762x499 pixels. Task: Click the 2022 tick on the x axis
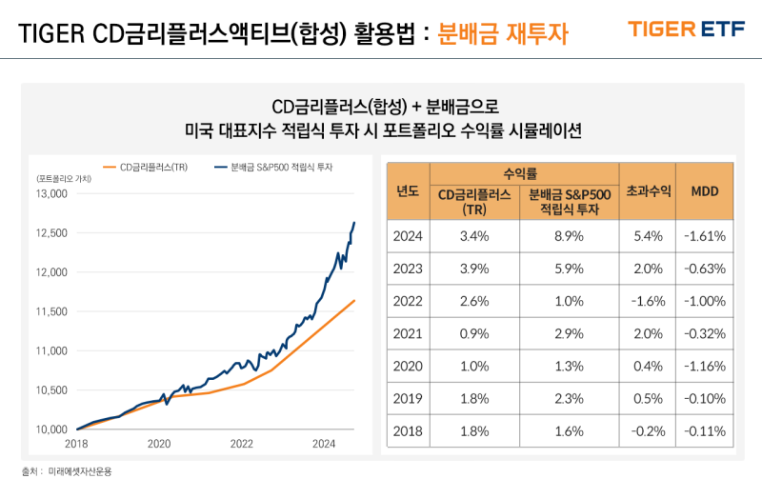point(242,443)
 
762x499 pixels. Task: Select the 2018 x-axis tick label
point(76,443)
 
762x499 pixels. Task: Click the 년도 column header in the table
point(408,190)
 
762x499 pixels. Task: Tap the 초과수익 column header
point(649,190)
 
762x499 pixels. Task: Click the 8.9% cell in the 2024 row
point(568,235)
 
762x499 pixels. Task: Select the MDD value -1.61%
point(705,235)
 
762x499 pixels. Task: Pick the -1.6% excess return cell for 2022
point(649,301)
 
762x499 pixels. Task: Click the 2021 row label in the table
point(408,333)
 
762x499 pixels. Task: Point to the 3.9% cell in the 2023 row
point(474,269)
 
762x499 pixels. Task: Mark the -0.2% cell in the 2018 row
point(649,431)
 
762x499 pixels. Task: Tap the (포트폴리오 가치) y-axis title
point(64,178)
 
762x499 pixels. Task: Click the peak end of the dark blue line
point(355,223)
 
